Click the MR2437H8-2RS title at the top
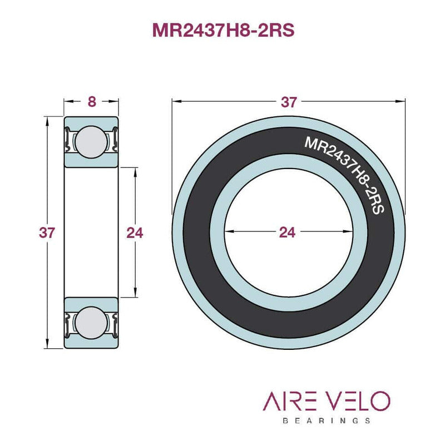[224, 30]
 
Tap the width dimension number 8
[92, 102]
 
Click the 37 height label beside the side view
[47, 233]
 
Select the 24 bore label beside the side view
[135, 233]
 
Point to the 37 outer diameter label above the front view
[289, 102]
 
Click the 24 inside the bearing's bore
[288, 232]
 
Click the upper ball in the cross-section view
[91, 142]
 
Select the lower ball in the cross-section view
[91, 323]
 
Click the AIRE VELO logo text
[327, 400]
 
